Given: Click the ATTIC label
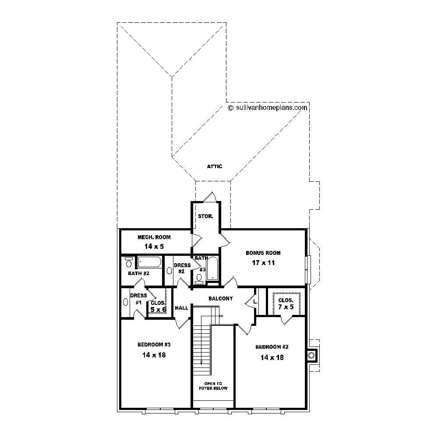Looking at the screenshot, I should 215,166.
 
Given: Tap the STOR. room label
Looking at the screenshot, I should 205,216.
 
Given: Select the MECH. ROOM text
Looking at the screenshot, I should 154,237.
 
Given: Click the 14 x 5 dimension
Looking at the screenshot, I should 154,247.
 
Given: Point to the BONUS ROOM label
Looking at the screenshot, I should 263,253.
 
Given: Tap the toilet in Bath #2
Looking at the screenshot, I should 129,263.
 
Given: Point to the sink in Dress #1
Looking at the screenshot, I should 126,302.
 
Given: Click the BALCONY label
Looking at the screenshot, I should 220,299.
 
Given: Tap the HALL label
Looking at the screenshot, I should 181,308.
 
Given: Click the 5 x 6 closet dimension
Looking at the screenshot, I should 158,310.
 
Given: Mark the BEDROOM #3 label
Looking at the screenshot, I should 154,344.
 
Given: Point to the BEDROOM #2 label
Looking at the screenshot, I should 272,347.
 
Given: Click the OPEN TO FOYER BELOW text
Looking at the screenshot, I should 213,386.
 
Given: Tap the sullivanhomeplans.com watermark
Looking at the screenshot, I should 268,107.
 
